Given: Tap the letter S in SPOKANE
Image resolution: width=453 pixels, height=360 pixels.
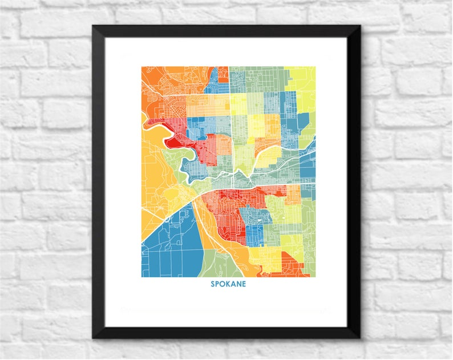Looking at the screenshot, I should [213, 283].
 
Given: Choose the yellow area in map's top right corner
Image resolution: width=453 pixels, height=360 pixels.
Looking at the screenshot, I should [302, 86].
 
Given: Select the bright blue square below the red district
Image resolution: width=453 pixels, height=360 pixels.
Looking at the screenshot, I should [254, 234].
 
